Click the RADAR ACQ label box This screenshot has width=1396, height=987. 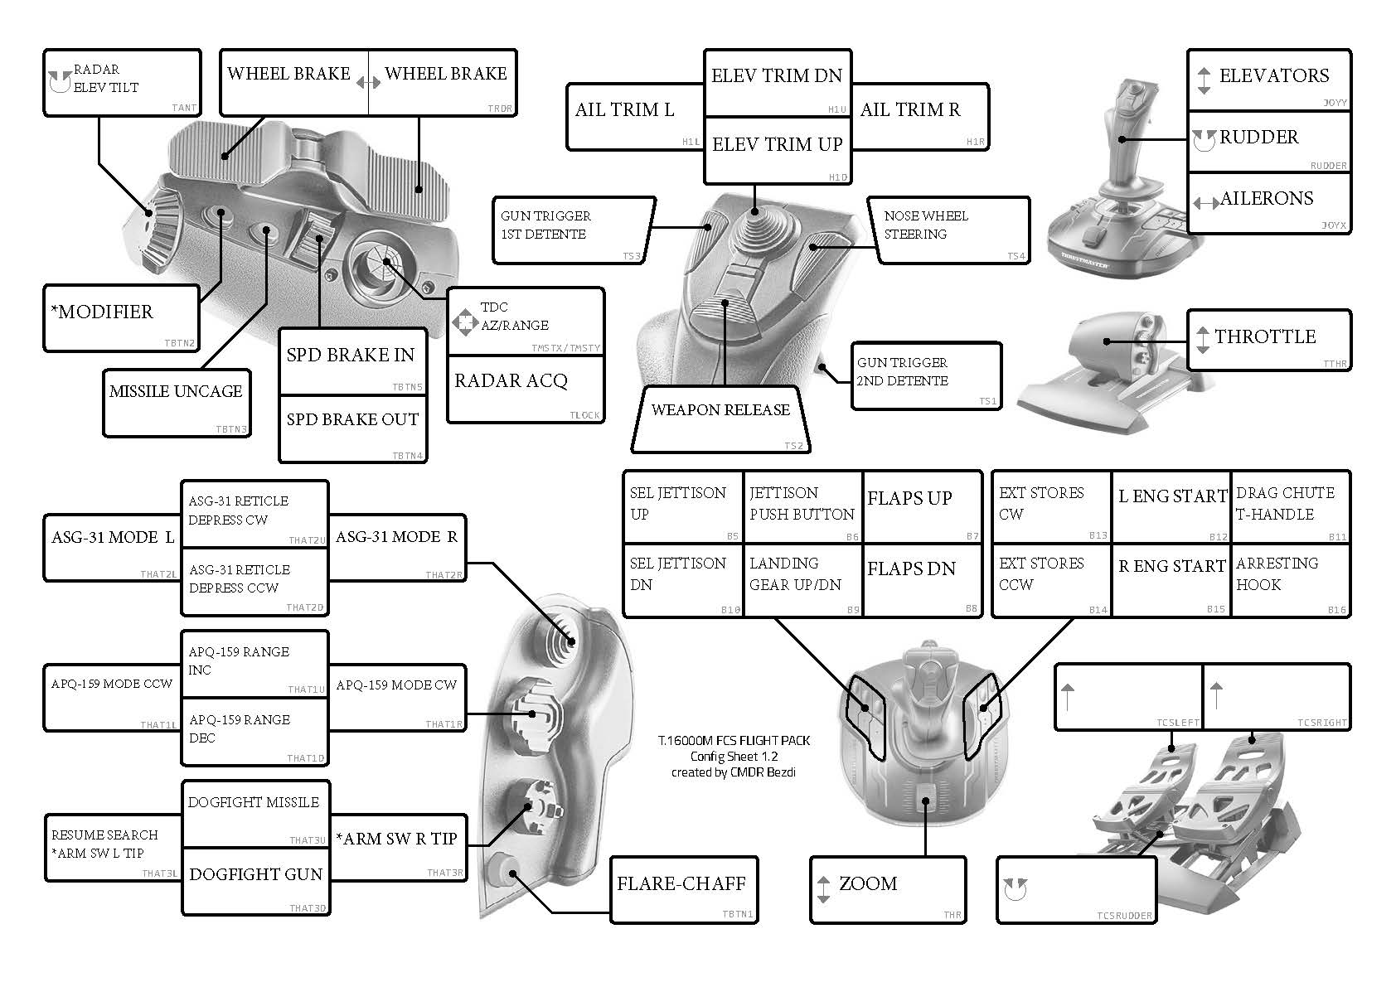[x=525, y=389]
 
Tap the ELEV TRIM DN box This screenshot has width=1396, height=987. [x=777, y=81]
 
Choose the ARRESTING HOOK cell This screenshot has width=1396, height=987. [x=1289, y=580]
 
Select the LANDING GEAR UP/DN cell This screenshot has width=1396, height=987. [x=802, y=580]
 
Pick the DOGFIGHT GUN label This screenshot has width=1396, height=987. [x=255, y=880]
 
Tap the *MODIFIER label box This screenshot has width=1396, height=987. [x=121, y=317]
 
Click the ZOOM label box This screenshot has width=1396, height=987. [x=887, y=889]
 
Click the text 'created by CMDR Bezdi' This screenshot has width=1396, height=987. [x=734, y=772]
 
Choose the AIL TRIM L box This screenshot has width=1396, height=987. [x=634, y=115]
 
